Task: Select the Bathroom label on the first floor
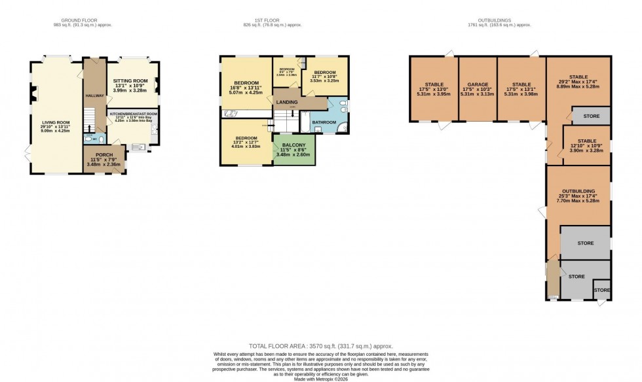324,122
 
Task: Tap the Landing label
286,103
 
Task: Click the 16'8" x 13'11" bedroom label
246,87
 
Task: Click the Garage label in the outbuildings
476,88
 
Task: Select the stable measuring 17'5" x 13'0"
434,88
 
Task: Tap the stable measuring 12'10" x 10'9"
586,145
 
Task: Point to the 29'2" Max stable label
578,82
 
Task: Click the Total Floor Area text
320,346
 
